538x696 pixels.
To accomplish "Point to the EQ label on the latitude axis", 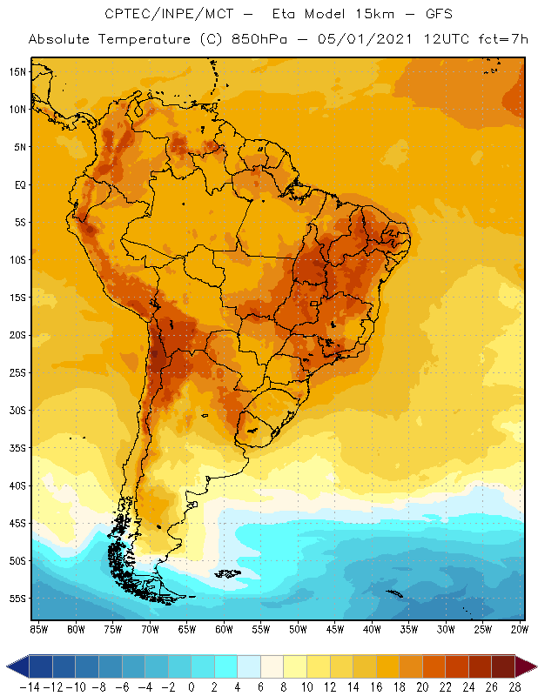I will coord(17,184).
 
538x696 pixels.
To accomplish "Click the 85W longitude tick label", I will coord(38,629).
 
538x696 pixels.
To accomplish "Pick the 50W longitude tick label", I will coord(298,629).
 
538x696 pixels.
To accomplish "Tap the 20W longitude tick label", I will coord(521,629).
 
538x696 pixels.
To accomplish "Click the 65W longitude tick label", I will coord(186,629).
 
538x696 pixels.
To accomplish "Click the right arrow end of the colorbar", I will coord(527,666).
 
